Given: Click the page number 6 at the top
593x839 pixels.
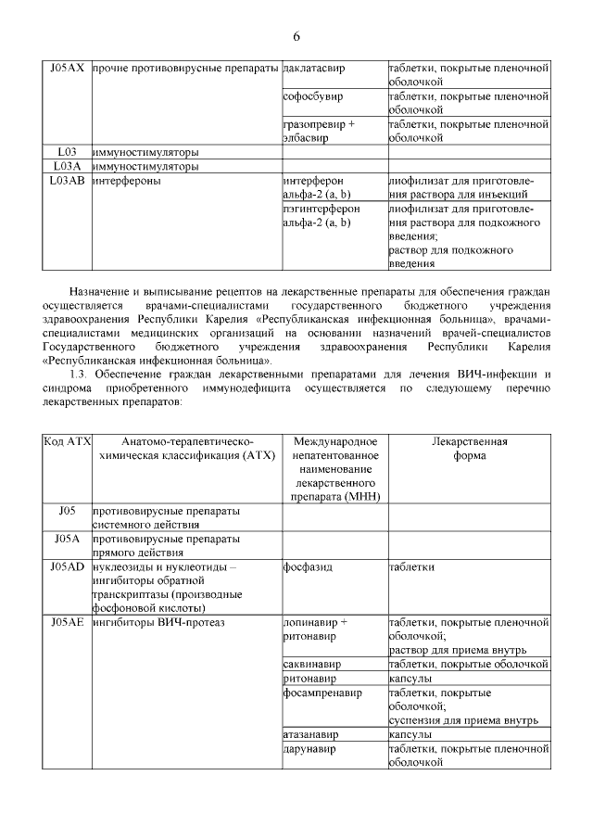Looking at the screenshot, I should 296,36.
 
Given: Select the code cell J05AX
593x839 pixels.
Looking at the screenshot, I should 67,69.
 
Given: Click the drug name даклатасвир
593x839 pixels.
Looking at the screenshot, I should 315,69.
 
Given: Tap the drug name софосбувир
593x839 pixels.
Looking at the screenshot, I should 312,95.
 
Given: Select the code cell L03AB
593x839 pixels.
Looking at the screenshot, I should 67,182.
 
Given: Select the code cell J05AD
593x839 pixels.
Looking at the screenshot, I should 67,566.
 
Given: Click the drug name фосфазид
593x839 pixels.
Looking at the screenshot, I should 308,566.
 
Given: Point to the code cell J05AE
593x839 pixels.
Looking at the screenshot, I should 67,622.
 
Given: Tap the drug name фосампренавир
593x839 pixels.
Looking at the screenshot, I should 321,693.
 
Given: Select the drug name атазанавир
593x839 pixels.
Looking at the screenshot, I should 310,734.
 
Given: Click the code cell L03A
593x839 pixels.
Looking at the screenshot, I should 67,167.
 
